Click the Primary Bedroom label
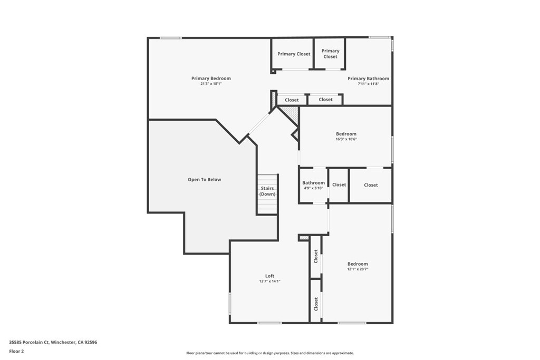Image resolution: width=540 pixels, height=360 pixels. pyautogui.click(x=211, y=79)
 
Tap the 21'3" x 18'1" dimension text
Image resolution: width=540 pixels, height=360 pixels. pyautogui.click(x=211, y=84)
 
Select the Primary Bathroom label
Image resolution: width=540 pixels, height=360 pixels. pyautogui.click(x=368, y=79)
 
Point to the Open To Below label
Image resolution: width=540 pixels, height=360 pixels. pyautogui.click(x=204, y=180)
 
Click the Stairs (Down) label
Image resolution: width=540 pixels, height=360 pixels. pyautogui.click(x=267, y=191)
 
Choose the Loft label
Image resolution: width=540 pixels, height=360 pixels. pyautogui.click(x=269, y=276)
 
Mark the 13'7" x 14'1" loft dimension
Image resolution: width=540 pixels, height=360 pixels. pyautogui.click(x=269, y=281)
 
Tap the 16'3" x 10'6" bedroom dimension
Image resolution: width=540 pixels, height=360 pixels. pyautogui.click(x=346, y=139)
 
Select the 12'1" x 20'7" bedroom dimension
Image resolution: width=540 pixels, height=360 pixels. pyautogui.click(x=358, y=269)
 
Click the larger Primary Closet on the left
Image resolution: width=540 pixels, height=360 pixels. pyautogui.click(x=294, y=54)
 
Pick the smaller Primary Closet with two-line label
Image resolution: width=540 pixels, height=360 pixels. pyautogui.click(x=330, y=54)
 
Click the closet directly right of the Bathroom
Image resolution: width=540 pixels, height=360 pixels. pyautogui.click(x=339, y=185)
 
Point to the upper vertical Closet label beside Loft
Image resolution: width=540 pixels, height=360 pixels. pyautogui.click(x=316, y=257)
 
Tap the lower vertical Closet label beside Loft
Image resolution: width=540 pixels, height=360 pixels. pyautogui.click(x=316, y=304)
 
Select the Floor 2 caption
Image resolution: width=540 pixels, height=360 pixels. pyautogui.click(x=17, y=351)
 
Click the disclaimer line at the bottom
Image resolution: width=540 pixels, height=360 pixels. pyautogui.click(x=269, y=353)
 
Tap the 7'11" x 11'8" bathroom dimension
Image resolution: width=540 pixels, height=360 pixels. pyautogui.click(x=368, y=84)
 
